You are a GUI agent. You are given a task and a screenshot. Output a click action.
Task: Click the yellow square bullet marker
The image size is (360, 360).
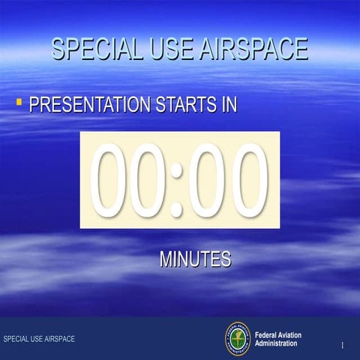tap(20, 100)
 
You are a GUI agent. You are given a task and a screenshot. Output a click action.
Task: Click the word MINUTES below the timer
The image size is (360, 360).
tap(195, 259)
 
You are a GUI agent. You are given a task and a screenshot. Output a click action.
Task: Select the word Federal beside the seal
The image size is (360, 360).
tap(268, 334)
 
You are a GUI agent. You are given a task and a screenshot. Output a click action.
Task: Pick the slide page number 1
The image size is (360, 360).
tap(342, 345)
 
